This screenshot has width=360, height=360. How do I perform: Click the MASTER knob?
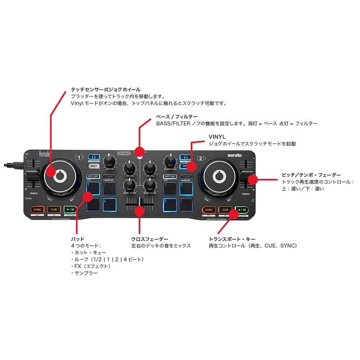(109, 162)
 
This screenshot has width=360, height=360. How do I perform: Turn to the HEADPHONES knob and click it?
(170, 162)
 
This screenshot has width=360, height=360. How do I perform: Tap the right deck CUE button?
(225, 209)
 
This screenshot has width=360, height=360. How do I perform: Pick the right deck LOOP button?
(186, 176)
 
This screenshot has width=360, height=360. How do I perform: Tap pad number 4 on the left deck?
(110, 204)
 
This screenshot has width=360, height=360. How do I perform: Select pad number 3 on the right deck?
(170, 204)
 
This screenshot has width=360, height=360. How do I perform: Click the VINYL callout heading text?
(216, 136)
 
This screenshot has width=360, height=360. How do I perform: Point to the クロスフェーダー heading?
(150, 239)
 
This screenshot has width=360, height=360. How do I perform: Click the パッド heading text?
(77, 239)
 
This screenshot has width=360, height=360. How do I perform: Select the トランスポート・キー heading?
(232, 239)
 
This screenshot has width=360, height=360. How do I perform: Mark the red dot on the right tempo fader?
(252, 179)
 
